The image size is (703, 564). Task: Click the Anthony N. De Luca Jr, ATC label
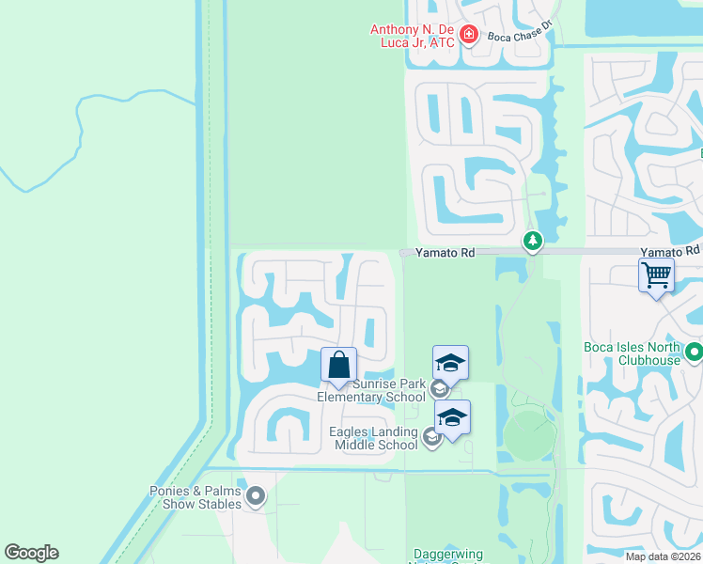413,36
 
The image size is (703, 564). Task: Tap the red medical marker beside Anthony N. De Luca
470,36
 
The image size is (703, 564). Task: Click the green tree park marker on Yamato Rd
533,242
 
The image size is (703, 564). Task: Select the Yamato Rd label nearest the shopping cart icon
670,251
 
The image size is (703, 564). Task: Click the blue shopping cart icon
656,275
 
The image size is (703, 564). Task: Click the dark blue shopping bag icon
338,365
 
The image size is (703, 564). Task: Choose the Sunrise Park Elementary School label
371,390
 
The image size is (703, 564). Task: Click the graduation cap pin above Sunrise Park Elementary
450,363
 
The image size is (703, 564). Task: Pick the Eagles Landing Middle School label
373,438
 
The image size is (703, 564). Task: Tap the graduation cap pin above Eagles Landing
452,417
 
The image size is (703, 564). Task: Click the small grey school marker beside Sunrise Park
438,388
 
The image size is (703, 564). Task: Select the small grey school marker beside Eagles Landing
431,436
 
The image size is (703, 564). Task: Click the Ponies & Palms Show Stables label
195,497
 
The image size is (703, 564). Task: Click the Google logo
31,553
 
